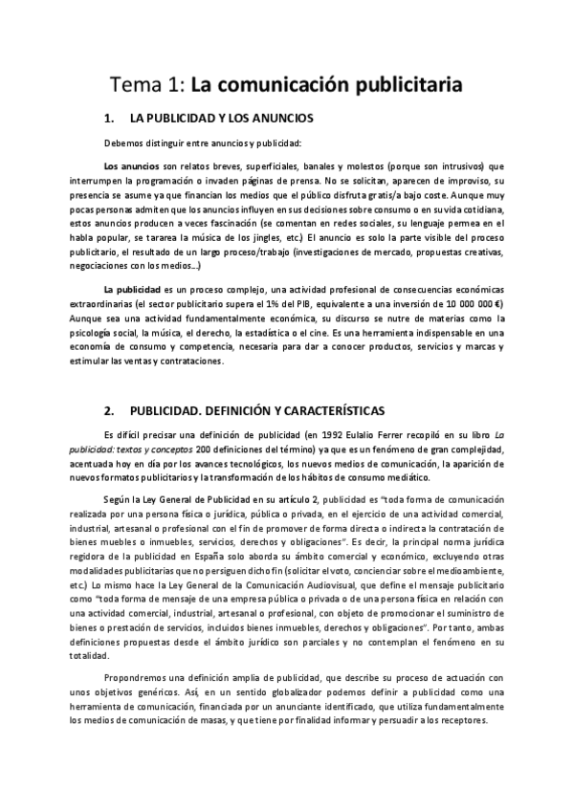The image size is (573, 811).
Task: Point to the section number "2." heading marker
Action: click(x=107, y=410)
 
